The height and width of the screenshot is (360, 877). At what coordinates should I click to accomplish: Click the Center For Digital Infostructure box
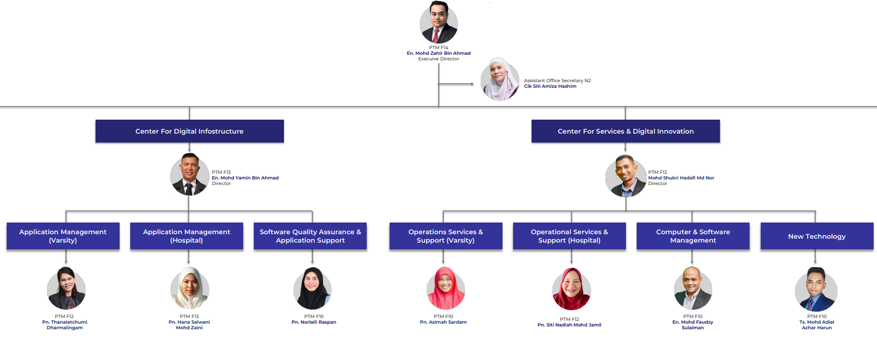pyautogui.click(x=189, y=131)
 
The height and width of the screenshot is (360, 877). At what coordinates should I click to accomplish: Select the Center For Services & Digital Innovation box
pyautogui.click(x=625, y=131)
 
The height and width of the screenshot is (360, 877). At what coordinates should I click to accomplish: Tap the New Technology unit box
pyautogui.click(x=817, y=236)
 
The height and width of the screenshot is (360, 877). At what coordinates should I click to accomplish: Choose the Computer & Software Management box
pyautogui.click(x=693, y=236)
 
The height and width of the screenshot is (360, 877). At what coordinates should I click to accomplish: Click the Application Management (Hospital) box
pyautogui.click(x=187, y=236)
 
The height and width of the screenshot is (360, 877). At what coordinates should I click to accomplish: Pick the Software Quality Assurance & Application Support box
pyautogui.click(x=310, y=236)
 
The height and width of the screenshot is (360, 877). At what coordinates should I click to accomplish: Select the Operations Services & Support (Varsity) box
pyautogui.click(x=446, y=236)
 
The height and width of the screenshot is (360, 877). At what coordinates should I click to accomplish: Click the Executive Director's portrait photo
pyautogui.click(x=438, y=22)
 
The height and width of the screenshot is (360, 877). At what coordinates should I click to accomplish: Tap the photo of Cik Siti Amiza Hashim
pyautogui.click(x=500, y=79)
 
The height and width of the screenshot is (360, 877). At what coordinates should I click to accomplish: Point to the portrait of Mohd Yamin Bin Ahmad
pyautogui.click(x=189, y=174)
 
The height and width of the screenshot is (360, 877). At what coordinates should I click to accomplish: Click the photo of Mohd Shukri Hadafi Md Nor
pyautogui.click(x=625, y=176)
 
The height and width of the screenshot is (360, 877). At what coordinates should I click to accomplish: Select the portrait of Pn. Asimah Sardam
pyautogui.click(x=445, y=288)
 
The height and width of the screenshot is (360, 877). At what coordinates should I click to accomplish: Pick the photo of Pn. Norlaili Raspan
pyautogui.click(x=312, y=288)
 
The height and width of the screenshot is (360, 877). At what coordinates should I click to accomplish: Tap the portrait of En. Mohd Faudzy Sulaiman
pyautogui.click(x=693, y=288)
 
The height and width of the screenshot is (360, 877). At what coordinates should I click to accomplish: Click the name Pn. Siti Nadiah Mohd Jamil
pyautogui.click(x=569, y=325)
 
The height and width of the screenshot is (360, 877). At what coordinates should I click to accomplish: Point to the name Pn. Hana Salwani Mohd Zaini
pyautogui.click(x=189, y=325)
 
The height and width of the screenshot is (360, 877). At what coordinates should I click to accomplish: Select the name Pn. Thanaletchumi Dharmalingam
pyautogui.click(x=65, y=325)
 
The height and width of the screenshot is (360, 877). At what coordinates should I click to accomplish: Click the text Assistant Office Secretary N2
pyautogui.click(x=557, y=80)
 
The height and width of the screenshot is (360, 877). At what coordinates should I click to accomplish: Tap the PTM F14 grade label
pyautogui.click(x=438, y=48)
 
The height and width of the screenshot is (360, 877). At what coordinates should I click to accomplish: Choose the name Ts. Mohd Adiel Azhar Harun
pyautogui.click(x=817, y=325)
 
